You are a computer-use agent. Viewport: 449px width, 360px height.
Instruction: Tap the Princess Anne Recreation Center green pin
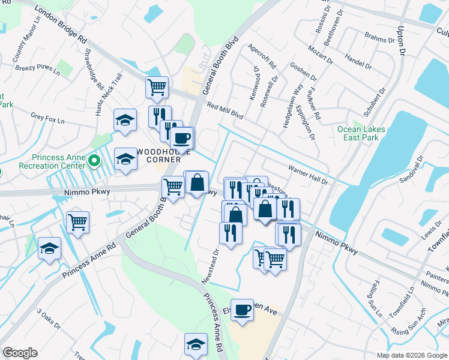(x=94, y=161)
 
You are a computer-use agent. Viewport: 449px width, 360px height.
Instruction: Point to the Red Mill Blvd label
(x=224, y=109)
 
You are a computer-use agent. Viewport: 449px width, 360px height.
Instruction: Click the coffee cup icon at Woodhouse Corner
(x=181, y=139)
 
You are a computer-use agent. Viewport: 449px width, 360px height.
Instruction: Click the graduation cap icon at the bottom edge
(x=196, y=344)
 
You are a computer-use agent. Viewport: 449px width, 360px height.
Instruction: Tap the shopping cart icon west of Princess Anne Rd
(x=78, y=222)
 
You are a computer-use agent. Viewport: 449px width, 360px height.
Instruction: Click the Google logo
(x=20, y=353)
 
